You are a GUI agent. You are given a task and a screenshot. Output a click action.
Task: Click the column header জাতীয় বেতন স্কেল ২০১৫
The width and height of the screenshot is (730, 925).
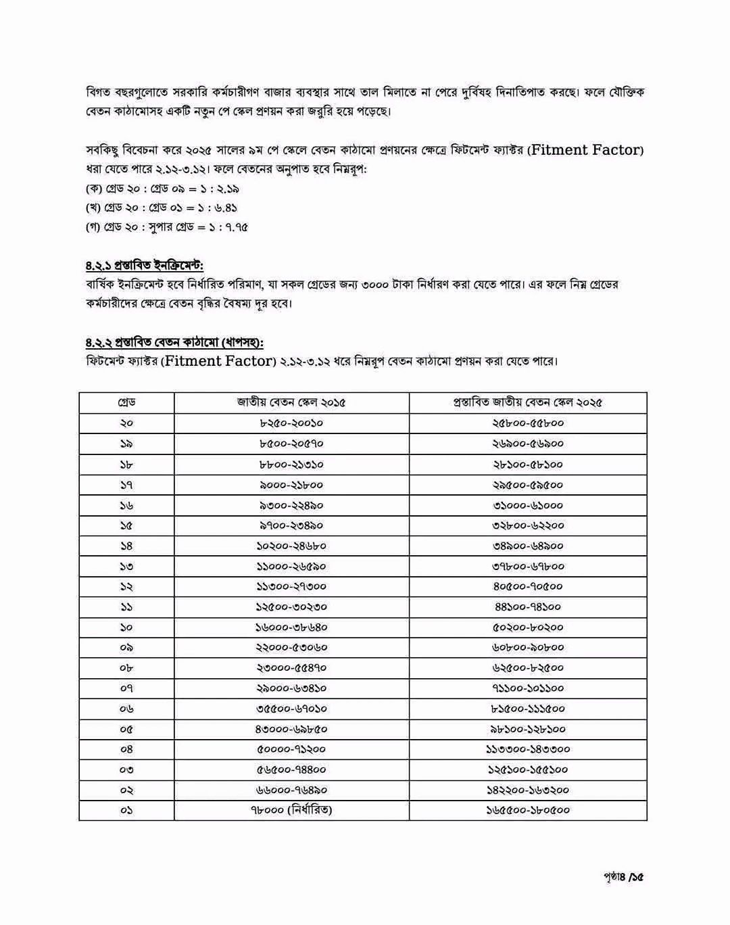(291, 402)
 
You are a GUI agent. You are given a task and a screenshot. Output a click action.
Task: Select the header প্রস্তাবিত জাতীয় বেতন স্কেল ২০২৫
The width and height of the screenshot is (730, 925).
(527, 402)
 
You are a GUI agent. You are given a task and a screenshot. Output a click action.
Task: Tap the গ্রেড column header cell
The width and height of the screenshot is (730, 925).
(126, 402)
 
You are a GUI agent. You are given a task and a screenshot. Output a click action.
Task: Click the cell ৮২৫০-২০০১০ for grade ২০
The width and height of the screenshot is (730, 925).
(291, 423)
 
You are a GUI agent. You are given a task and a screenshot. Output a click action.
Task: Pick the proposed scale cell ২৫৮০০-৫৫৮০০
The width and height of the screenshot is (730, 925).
(527, 423)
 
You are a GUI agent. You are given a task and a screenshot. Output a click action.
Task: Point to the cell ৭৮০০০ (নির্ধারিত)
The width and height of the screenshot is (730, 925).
(291, 809)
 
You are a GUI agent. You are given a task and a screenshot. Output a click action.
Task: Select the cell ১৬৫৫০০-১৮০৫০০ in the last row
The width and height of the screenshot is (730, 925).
(527, 809)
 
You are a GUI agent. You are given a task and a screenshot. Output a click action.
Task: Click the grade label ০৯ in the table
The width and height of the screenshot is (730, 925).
(126, 647)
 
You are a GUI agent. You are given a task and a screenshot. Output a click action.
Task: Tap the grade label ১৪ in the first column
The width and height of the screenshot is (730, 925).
(126, 546)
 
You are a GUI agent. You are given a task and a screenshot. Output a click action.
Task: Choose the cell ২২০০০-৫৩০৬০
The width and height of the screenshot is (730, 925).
(291, 647)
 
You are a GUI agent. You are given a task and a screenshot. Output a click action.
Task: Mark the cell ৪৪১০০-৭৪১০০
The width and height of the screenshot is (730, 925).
(527, 607)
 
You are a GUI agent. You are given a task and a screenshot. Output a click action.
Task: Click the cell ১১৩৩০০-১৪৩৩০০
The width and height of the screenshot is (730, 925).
(527, 749)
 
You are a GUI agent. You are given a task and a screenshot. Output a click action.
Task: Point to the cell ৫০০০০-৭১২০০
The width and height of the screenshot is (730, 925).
(291, 749)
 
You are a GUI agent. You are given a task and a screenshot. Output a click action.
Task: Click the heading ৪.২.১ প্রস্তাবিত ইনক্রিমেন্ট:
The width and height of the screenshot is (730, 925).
(145, 265)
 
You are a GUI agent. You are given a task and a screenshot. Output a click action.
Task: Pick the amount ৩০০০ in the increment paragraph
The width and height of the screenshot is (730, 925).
(376, 285)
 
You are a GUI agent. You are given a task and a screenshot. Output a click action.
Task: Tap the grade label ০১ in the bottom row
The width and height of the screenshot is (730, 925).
(126, 809)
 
